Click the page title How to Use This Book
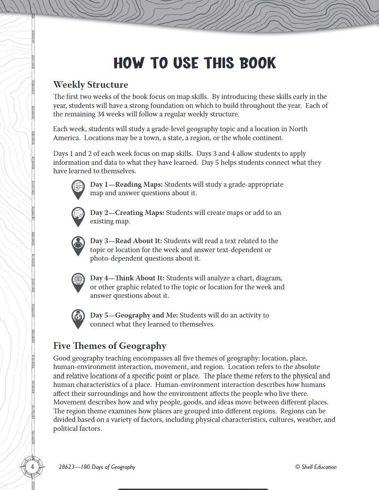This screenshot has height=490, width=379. tap(194, 63)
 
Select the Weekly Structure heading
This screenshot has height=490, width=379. tap(90, 85)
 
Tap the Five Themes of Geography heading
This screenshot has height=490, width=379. tap(109, 346)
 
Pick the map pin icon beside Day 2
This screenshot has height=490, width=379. tap(78, 217)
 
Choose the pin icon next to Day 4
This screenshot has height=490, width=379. tap(78, 283)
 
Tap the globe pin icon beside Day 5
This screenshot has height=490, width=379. tap(78, 318)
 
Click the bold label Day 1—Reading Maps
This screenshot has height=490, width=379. tap(126, 185)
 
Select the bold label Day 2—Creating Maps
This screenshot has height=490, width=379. tap(127, 213)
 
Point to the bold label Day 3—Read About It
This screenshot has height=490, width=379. tap(126, 241)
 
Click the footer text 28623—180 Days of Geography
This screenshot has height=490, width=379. tap(97, 467)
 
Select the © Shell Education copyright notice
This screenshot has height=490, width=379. tap(316, 467)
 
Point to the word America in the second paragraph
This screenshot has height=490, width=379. tap(66, 138)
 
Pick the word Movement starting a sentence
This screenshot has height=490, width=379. tap(68, 402)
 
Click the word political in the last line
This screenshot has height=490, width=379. tap(66, 429)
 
